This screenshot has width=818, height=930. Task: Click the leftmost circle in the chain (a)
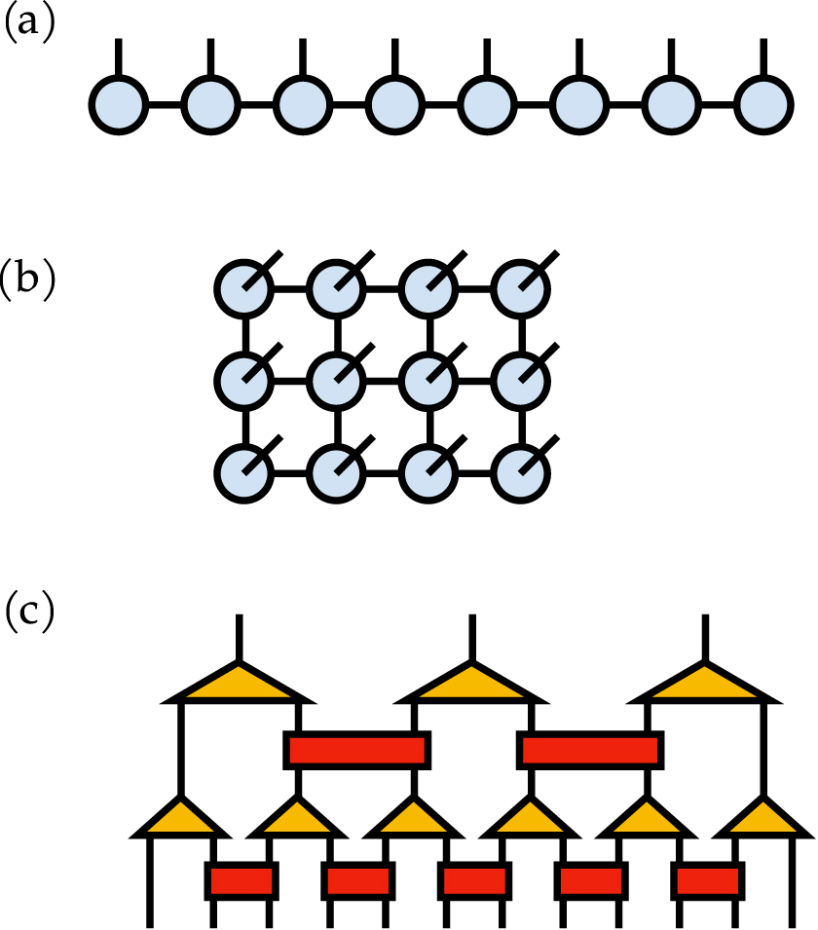tap(119, 104)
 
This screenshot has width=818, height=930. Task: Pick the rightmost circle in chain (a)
tap(763, 104)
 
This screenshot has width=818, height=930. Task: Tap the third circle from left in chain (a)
tap(303, 104)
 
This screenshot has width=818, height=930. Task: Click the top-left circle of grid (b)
tap(243, 287)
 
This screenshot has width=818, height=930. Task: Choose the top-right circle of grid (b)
tap(521, 287)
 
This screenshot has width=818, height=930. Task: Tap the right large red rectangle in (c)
tap(591, 749)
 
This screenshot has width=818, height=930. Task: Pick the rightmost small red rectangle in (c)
tap(708, 880)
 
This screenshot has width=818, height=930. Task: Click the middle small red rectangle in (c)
tap(474, 880)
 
